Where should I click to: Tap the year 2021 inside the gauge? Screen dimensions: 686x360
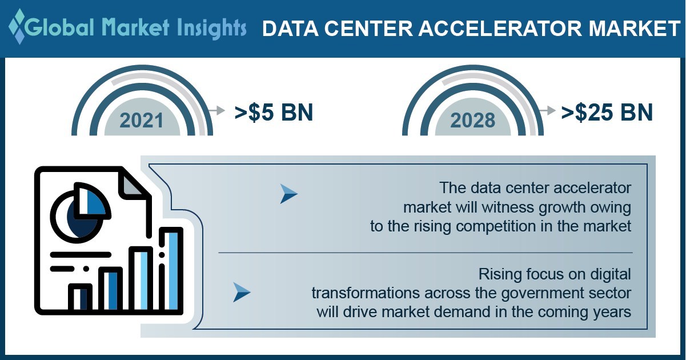point(142,121)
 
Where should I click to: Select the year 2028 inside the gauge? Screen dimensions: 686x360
point(472,121)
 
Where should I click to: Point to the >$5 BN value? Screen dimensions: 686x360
point(274,112)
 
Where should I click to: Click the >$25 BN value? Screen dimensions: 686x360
point(607,112)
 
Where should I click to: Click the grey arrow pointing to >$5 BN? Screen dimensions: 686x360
point(216,110)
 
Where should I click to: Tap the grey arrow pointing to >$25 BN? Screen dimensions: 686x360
point(547,110)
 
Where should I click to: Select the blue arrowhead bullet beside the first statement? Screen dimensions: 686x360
point(288,194)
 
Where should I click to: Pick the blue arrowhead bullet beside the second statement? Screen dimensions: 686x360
point(242,293)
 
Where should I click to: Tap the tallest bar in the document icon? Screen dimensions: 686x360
point(171,270)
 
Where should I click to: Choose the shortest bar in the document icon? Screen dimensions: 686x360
point(80,298)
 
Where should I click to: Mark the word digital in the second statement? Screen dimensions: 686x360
point(611,274)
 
